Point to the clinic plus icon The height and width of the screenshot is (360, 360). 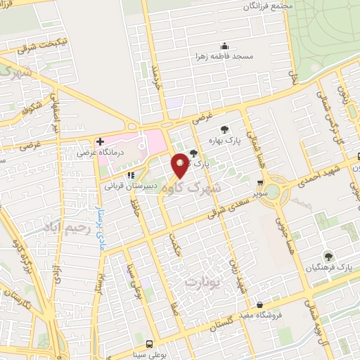[x=100, y=141]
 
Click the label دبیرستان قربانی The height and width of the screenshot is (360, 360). [x=128, y=186]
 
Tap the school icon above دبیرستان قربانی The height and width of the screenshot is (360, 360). [x=130, y=176]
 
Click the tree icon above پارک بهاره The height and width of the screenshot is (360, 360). [x=224, y=129]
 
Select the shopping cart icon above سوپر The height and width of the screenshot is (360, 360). [x=260, y=182]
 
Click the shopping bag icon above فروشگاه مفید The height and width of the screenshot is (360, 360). [x=261, y=305]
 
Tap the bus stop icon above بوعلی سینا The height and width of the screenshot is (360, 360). [x=148, y=345]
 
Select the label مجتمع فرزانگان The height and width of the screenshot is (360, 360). [x=268, y=6]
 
